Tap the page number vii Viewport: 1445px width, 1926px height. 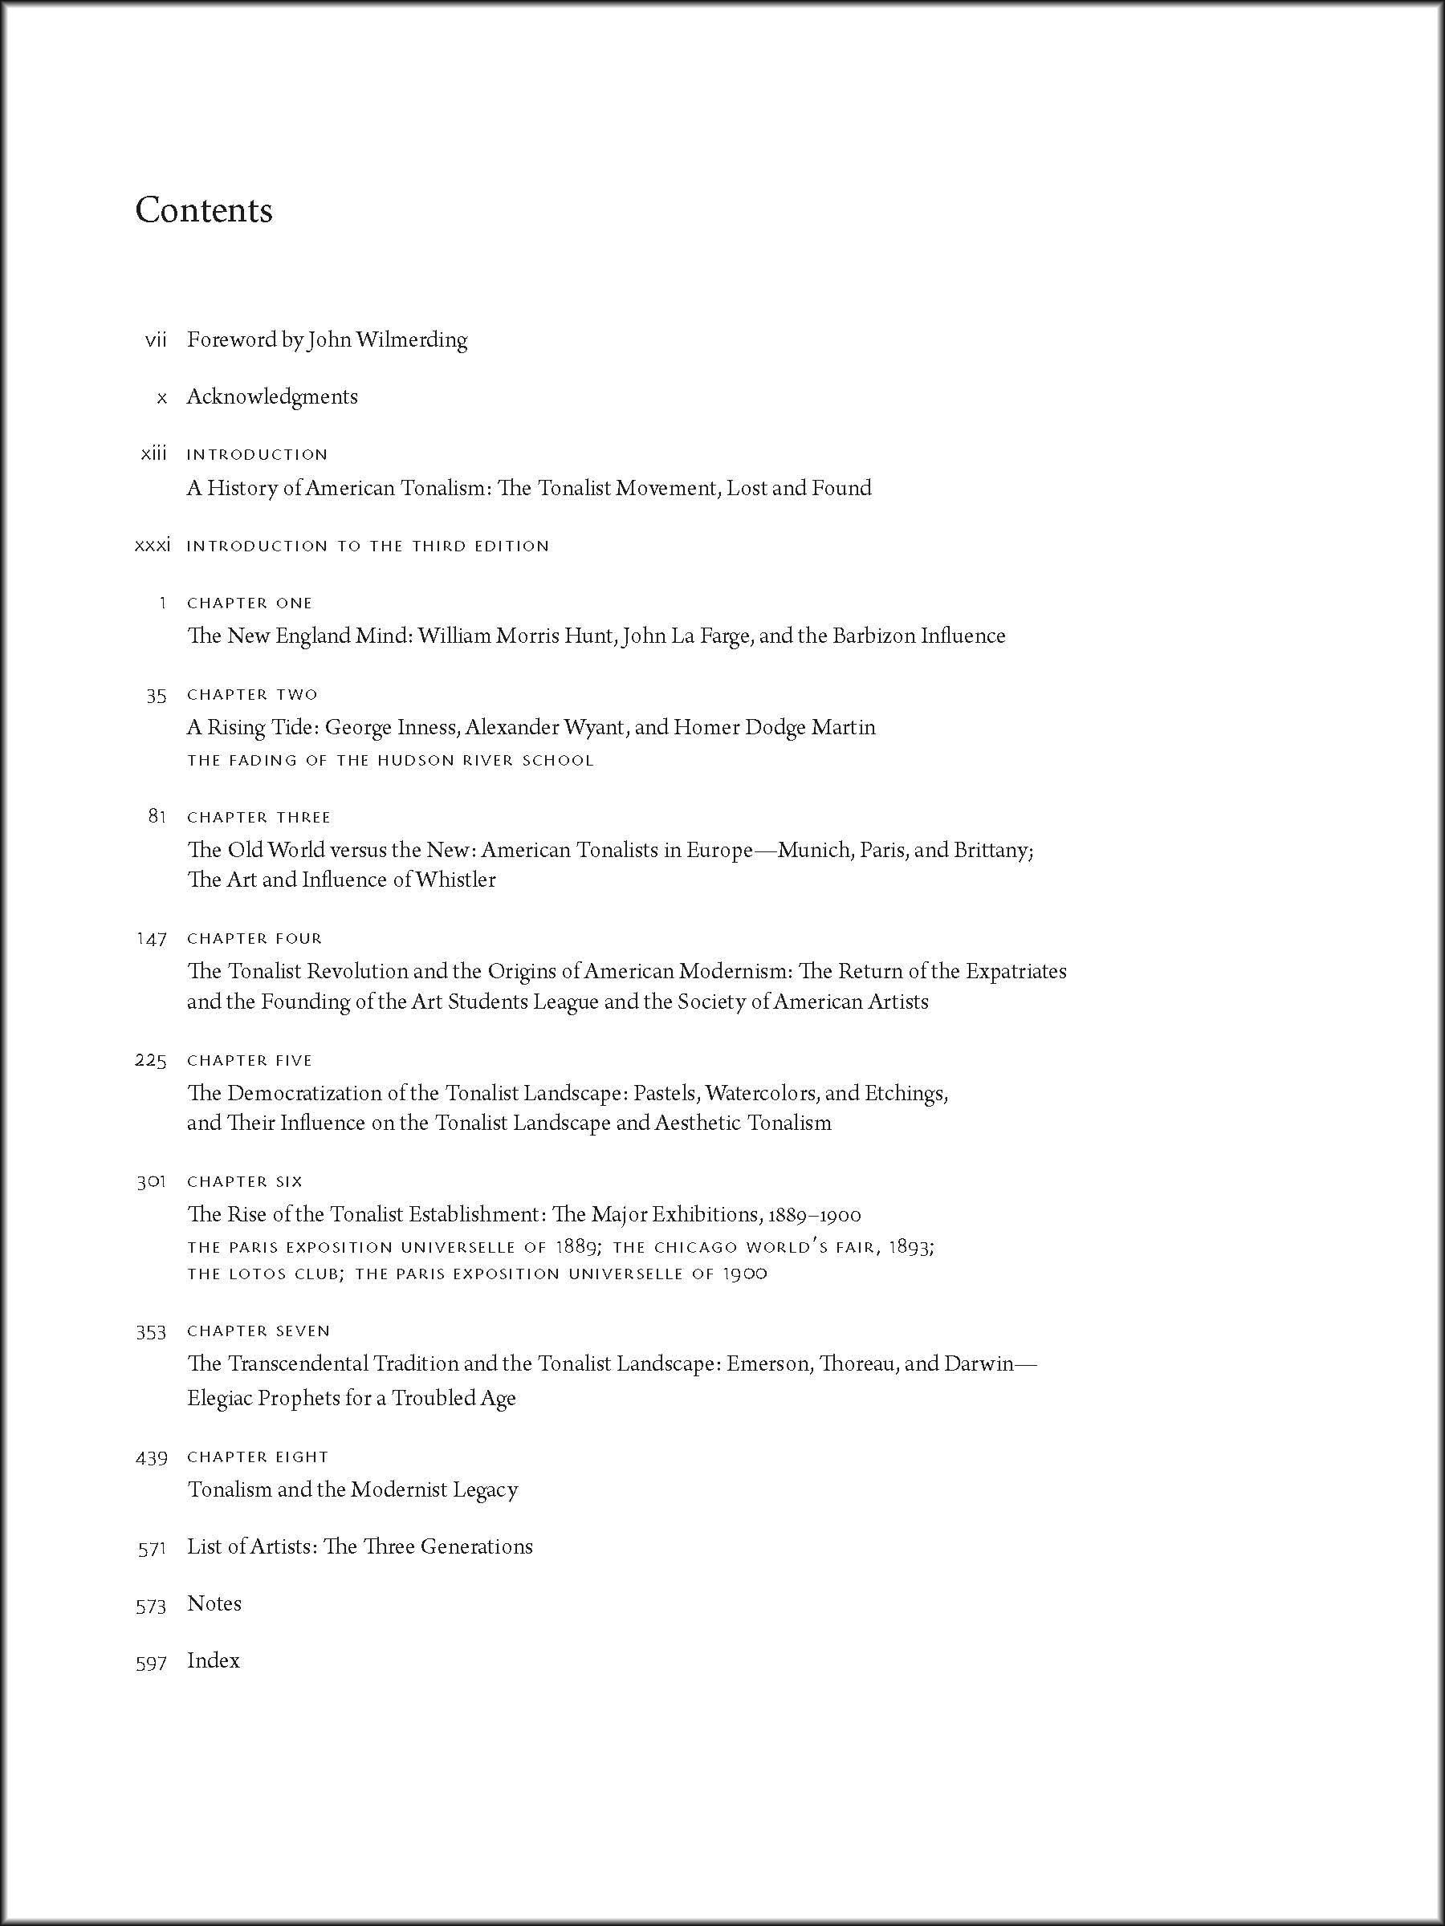click(156, 340)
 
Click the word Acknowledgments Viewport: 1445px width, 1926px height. click(272, 397)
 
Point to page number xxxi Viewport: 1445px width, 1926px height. click(153, 546)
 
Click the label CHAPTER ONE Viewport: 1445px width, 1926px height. click(249, 603)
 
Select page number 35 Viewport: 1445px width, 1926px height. click(157, 695)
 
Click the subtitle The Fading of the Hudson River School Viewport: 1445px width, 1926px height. click(390, 760)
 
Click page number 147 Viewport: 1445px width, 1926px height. click(152, 939)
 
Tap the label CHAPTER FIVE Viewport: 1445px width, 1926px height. click(249, 1061)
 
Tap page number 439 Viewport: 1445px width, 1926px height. click(152, 1457)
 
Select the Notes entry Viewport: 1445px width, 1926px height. click(214, 1604)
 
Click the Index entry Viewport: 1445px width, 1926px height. click(214, 1660)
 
